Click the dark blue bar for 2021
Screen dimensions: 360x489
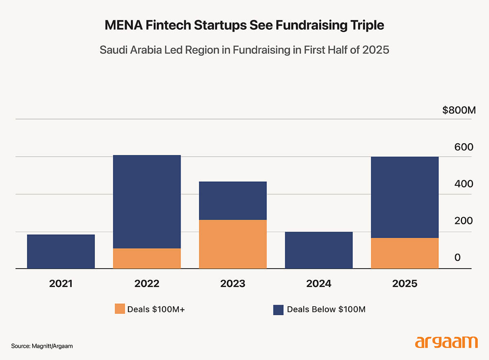pyautogui.click(x=61, y=252)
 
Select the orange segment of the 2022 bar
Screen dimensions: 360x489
pyautogui.click(x=147, y=258)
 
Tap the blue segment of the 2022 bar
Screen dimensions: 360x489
pyautogui.click(x=147, y=202)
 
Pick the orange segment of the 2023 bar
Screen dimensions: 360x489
pyautogui.click(x=233, y=244)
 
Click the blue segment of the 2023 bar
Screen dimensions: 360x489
pyautogui.click(x=233, y=201)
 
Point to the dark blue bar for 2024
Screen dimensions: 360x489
pyautogui.click(x=319, y=250)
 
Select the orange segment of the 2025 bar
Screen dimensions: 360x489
pyautogui.click(x=405, y=253)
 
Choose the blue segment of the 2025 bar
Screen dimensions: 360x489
pyautogui.click(x=405, y=197)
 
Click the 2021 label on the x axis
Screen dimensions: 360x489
pyautogui.click(x=61, y=284)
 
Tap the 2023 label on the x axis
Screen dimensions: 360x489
pyautogui.click(x=233, y=284)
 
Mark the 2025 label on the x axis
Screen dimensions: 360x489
pyautogui.click(x=405, y=284)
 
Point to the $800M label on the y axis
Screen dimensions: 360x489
pyautogui.click(x=459, y=110)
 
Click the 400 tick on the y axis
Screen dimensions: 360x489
pyautogui.click(x=464, y=184)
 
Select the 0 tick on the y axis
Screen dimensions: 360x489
pyautogui.click(x=458, y=258)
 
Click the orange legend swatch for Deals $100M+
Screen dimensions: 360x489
pyautogui.click(x=119, y=309)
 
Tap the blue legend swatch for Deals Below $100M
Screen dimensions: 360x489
pyautogui.click(x=278, y=309)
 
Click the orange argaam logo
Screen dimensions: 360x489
pyautogui.click(x=446, y=342)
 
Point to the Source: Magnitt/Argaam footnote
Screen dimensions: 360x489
pyautogui.click(x=42, y=346)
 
